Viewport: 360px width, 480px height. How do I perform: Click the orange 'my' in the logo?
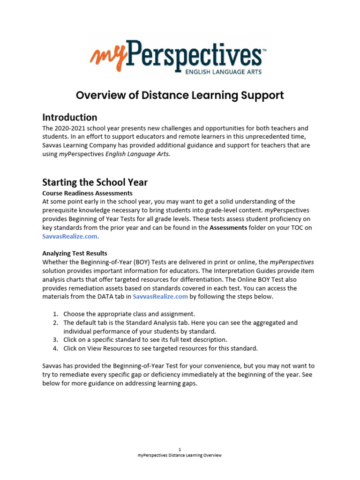pyautogui.click(x=107, y=55)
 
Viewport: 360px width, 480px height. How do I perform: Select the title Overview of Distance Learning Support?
pyautogui.click(x=180, y=96)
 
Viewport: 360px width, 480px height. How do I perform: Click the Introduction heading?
pyautogui.click(x=70, y=117)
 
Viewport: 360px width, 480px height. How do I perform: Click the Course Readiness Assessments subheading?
pyautogui.click(x=87, y=193)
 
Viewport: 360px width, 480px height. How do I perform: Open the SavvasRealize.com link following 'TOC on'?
pyautogui.click(x=70, y=236)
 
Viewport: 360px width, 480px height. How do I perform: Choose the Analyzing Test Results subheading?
pyautogui.click(x=75, y=254)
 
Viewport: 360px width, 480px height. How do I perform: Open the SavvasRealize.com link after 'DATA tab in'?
pyautogui.click(x=160, y=297)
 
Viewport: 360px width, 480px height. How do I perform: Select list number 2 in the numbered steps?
pyautogui.click(x=55, y=323)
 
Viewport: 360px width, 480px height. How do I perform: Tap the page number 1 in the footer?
pyautogui.click(x=180, y=449)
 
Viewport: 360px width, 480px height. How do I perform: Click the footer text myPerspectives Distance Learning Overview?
pyautogui.click(x=180, y=455)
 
